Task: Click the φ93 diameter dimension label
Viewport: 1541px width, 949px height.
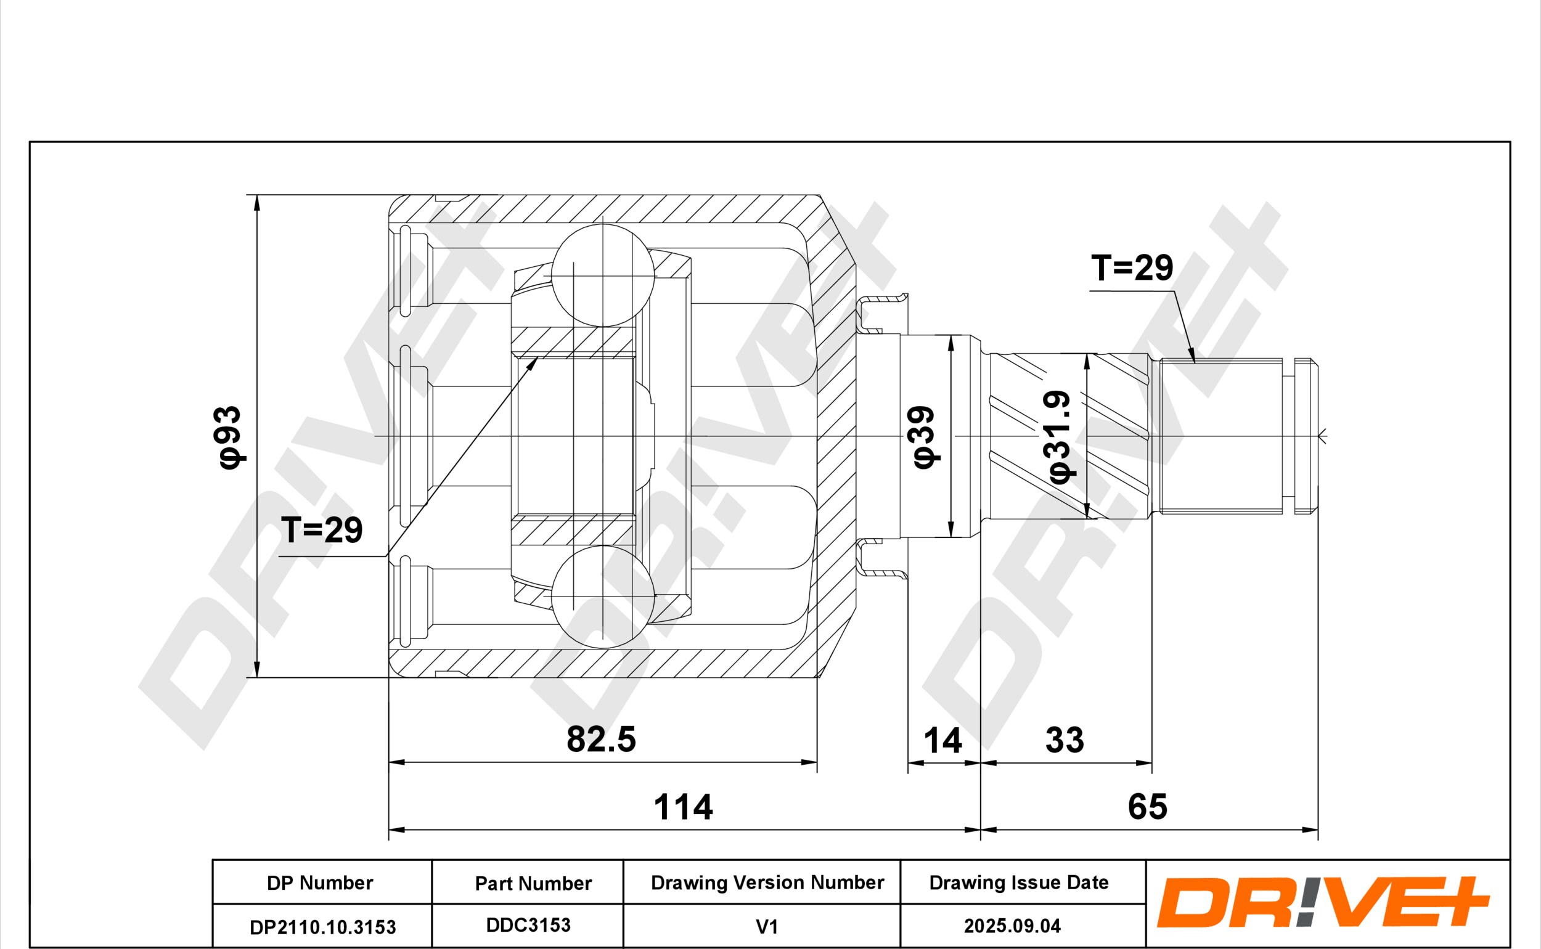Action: click(x=228, y=437)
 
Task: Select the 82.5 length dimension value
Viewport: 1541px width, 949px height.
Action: click(x=602, y=739)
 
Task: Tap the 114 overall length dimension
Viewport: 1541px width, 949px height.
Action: click(x=684, y=807)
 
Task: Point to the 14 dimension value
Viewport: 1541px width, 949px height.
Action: click(x=943, y=741)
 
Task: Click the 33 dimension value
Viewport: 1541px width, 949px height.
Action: click(x=1065, y=741)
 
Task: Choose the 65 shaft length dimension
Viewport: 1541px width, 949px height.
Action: click(x=1148, y=807)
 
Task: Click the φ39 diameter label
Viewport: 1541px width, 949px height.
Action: click(x=925, y=437)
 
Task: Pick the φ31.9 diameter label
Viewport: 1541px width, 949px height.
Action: click(x=1060, y=438)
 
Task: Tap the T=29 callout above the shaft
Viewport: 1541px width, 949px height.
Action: click(x=1132, y=268)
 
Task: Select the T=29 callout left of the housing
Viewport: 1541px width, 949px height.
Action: click(x=321, y=531)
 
